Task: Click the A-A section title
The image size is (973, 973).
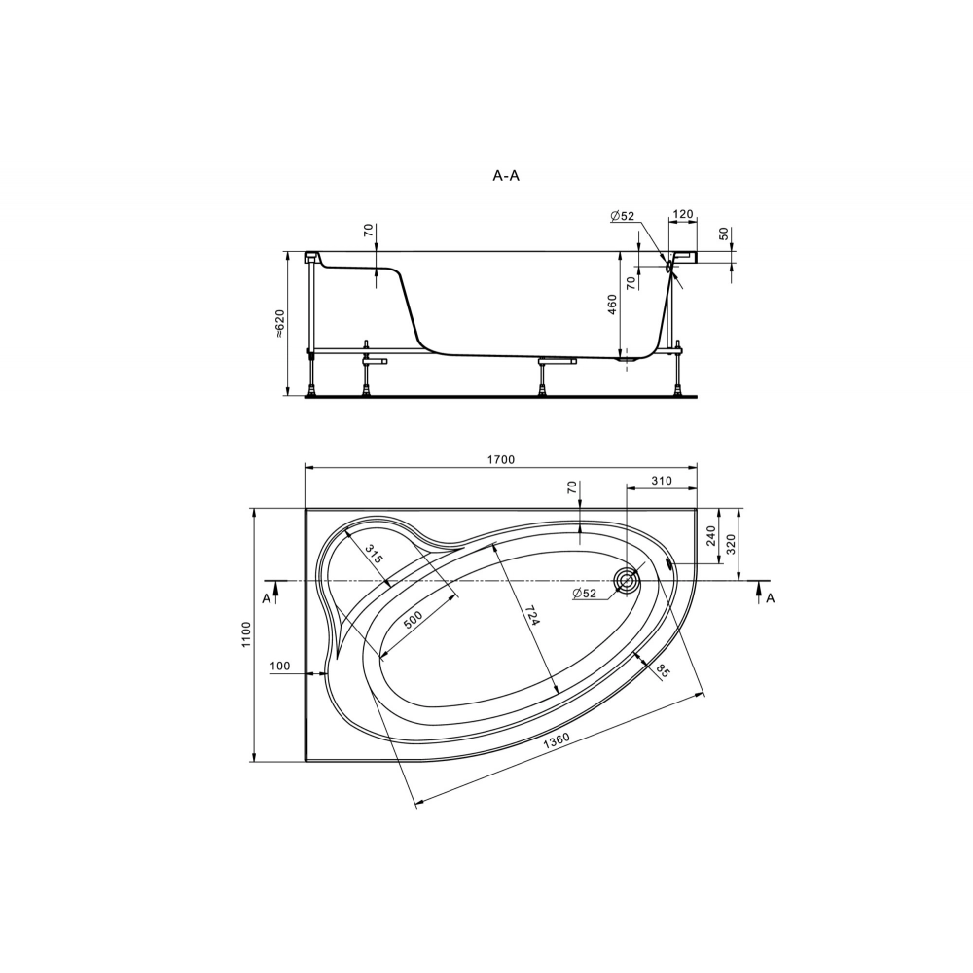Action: click(506, 175)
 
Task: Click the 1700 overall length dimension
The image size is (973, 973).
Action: click(501, 460)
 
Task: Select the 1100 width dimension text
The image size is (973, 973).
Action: click(246, 634)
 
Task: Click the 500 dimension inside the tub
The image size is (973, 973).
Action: click(413, 619)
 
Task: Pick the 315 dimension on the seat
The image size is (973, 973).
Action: click(373, 553)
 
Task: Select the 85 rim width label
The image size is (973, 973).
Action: click(663, 670)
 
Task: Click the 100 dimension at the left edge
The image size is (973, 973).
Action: click(280, 666)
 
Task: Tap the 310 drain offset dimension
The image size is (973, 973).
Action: click(662, 481)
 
